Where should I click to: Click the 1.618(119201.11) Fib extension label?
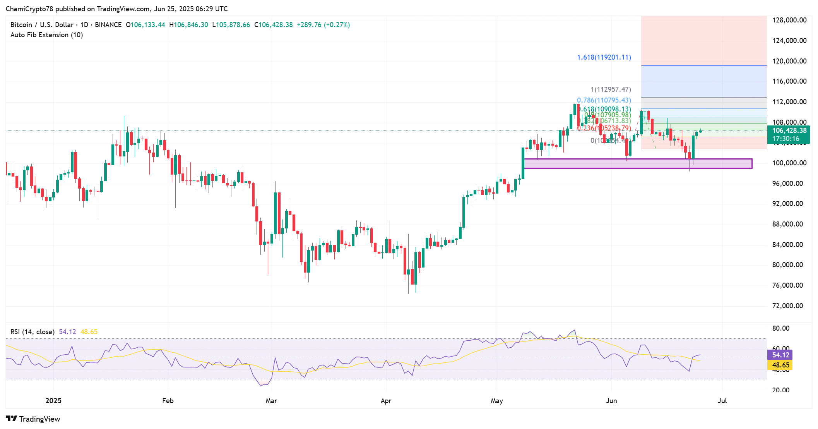(604, 57)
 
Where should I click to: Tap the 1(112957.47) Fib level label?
(611, 89)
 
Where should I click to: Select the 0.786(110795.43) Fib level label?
(604, 100)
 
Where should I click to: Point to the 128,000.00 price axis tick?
(789, 20)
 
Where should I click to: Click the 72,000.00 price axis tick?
(787, 306)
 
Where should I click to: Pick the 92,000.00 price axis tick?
(787, 204)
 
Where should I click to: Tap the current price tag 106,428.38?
(789, 131)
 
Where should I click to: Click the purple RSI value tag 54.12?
(780, 355)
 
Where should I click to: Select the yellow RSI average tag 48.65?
(780, 365)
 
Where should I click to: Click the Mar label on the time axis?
(271, 401)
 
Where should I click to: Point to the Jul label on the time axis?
(722, 401)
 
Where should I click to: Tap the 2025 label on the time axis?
(53, 401)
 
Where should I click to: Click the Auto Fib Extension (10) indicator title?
(46, 35)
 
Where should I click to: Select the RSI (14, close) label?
(33, 332)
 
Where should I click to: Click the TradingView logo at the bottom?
(33, 419)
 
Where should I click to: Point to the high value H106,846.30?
(188, 25)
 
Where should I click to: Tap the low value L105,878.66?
(231, 25)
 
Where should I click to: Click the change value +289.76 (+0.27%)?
(323, 25)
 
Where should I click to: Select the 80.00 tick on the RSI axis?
(780, 328)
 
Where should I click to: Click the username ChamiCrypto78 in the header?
(29, 9)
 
